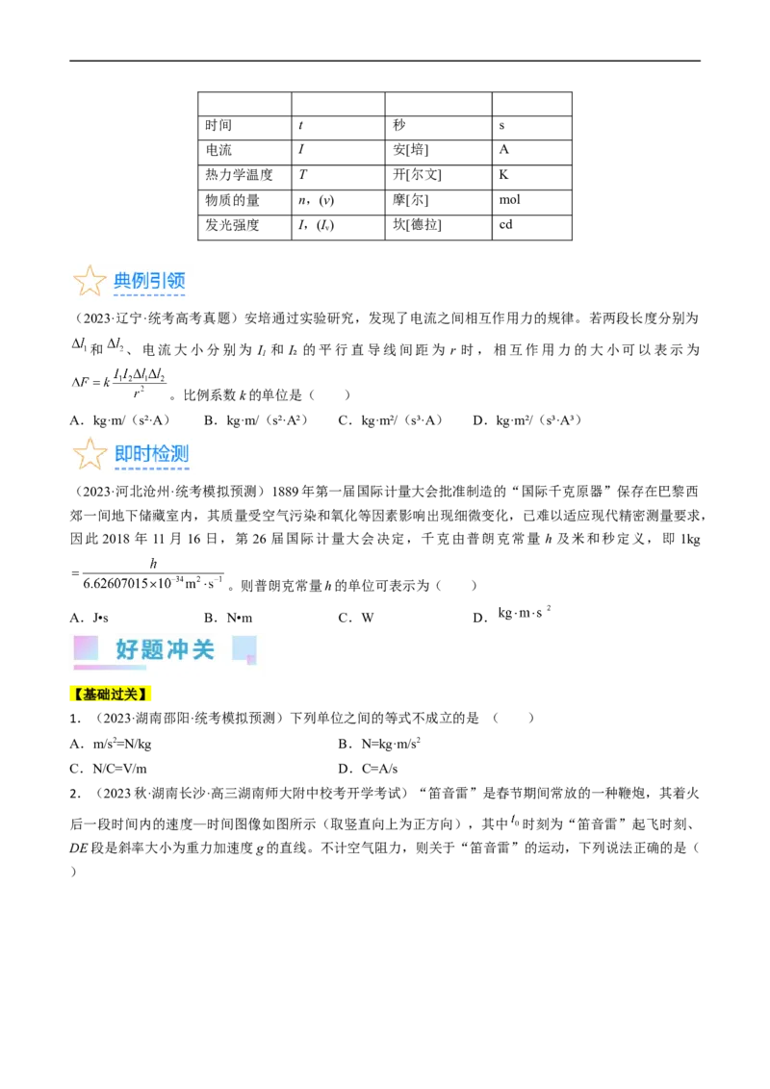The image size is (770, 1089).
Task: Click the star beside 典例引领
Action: click(90, 281)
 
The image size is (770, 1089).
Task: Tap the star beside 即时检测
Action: click(90, 453)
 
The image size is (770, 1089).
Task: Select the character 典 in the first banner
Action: click(123, 281)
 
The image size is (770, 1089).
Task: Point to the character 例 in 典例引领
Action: click(141, 281)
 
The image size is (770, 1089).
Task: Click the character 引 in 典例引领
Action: click(160, 281)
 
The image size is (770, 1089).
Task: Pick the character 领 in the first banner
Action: click(177, 281)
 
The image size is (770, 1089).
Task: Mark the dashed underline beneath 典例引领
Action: click(149, 296)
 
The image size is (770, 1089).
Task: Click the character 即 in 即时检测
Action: click(124, 454)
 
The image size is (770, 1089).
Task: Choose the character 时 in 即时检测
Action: click(142, 454)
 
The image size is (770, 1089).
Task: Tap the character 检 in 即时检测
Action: click(161, 454)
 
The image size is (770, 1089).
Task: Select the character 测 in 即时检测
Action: click(179, 454)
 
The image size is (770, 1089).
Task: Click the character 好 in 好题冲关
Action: click(127, 649)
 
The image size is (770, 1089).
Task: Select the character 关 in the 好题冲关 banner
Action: click(203, 649)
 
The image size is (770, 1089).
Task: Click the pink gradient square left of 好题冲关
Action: click(86, 647)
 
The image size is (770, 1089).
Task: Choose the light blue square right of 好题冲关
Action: click(244, 648)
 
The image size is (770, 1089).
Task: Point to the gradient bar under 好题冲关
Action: click(110, 667)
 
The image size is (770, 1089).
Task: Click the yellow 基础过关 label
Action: click(112, 694)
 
